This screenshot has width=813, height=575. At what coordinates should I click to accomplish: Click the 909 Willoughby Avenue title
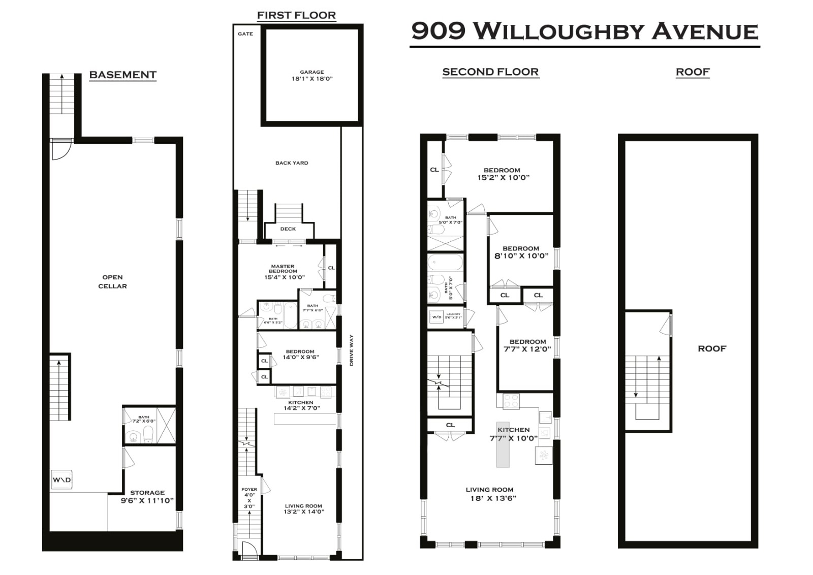tap(584, 31)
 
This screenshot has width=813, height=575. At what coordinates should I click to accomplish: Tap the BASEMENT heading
tap(122, 75)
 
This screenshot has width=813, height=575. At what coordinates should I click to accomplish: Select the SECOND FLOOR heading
tap(490, 72)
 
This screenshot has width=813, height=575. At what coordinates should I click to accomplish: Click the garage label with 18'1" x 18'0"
tap(312, 76)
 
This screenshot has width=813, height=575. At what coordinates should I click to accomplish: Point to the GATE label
tap(245, 34)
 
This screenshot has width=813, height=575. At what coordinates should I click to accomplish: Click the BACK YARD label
tap(292, 163)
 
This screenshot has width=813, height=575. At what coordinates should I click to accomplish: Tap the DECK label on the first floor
tap(288, 229)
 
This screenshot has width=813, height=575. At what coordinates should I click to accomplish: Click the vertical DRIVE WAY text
tap(352, 350)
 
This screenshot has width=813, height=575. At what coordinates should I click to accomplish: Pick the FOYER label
tap(249, 490)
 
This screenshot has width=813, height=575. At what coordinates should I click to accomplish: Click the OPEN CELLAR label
tap(112, 281)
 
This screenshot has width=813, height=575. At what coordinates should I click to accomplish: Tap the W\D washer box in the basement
tap(61, 480)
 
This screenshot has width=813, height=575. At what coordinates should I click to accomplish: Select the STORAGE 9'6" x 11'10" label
tap(147, 496)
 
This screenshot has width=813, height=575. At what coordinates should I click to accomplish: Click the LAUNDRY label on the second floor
tap(453, 314)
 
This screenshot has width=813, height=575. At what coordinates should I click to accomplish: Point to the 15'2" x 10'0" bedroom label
tap(503, 174)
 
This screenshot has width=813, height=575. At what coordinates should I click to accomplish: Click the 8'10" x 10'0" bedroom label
tap(521, 252)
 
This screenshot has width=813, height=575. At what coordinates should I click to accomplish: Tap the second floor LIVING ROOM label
tap(490, 494)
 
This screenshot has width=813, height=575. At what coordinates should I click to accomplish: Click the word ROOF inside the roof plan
tap(712, 348)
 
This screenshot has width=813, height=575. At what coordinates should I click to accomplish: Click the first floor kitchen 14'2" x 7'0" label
tap(301, 405)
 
